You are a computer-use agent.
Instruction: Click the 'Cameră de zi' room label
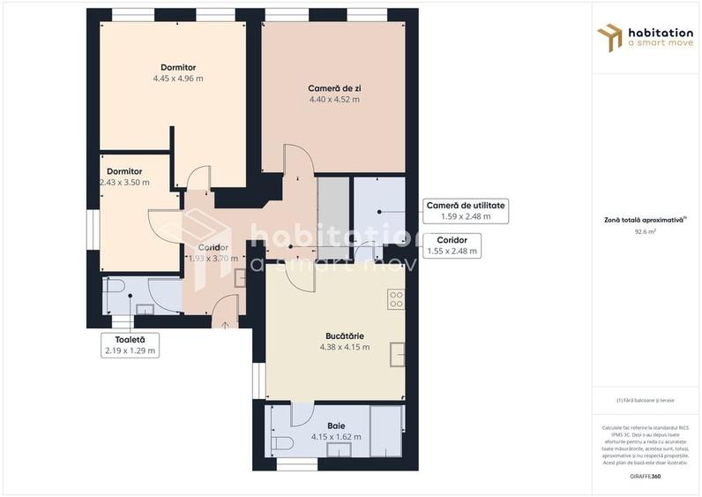coord(334,88)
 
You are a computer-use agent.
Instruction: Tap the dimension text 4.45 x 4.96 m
coord(178,79)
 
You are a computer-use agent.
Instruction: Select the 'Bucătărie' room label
coord(344,335)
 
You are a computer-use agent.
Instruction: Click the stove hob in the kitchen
coord(396,299)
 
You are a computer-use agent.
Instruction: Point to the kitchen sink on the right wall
coord(398,354)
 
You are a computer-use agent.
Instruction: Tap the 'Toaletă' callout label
coord(129,339)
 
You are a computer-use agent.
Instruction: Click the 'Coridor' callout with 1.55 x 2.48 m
coord(452,245)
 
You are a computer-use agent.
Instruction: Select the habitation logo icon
coord(609,38)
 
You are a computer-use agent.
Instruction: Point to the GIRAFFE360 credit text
coord(646,477)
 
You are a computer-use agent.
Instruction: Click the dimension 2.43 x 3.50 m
coord(124,183)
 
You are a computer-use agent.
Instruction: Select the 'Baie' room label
coord(336,425)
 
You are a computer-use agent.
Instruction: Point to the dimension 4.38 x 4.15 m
coord(344,347)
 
